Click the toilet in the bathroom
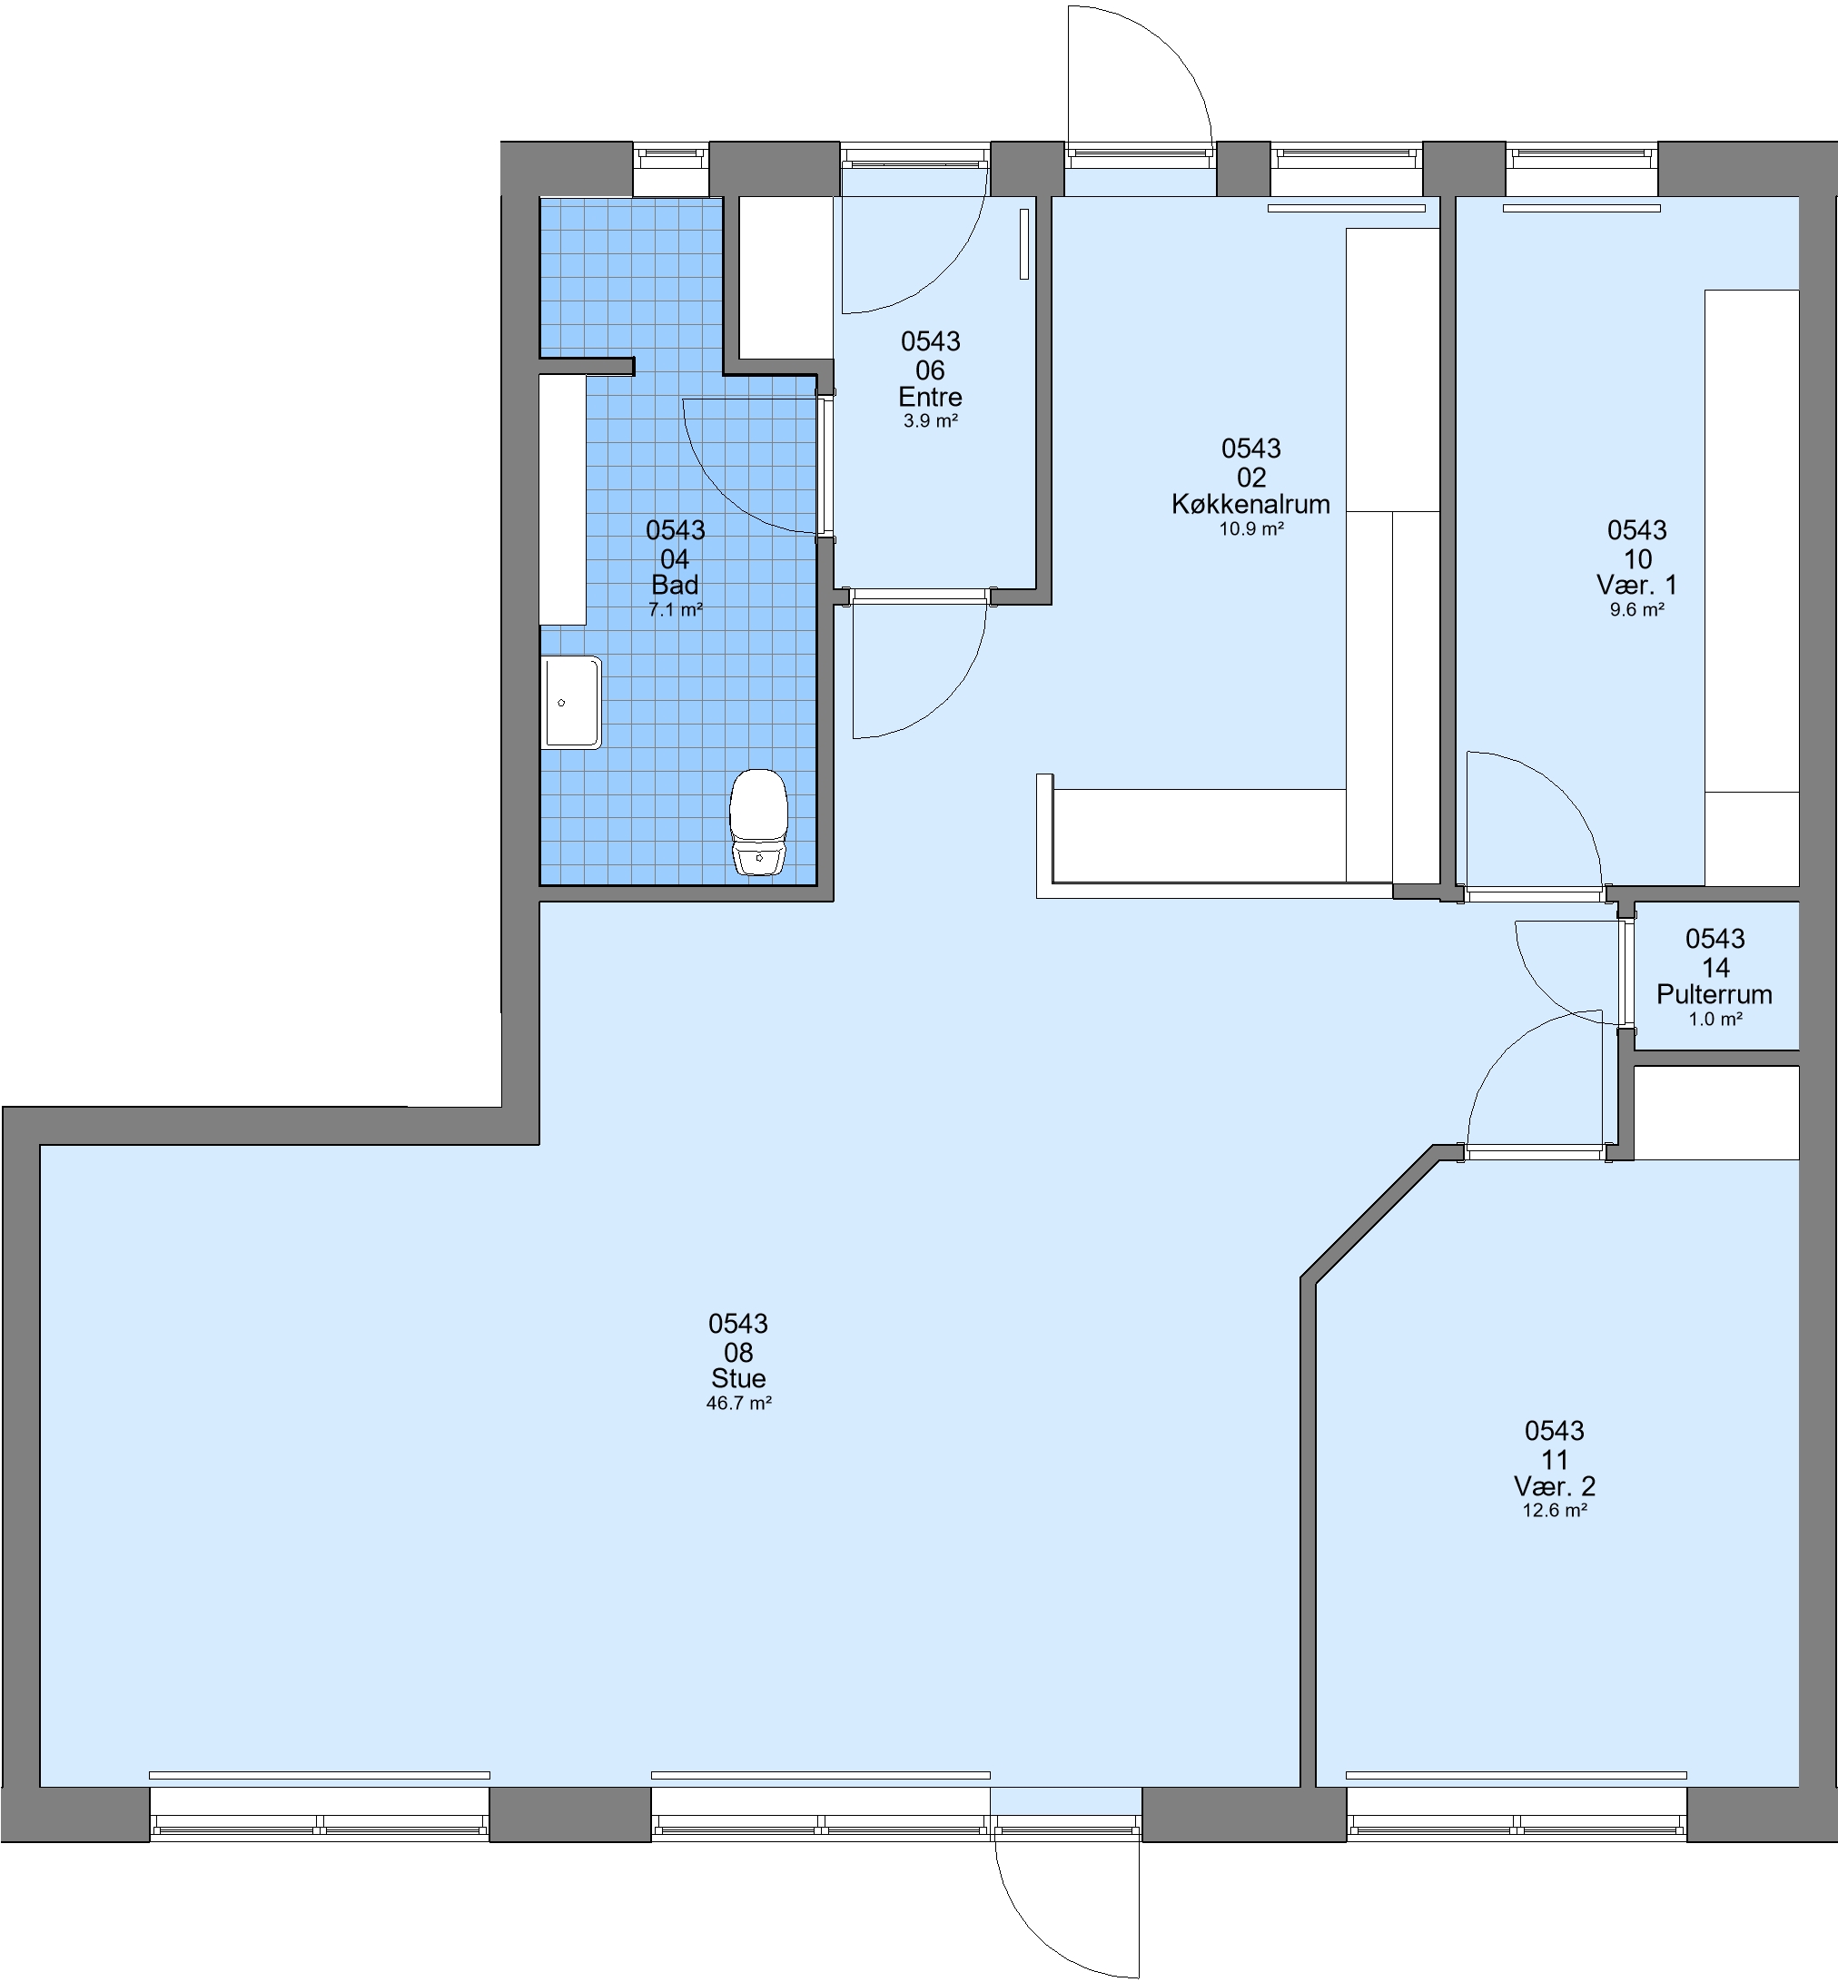tap(759, 823)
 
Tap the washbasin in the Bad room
tap(571, 702)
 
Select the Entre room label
tap(930, 398)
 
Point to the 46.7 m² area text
tap(739, 1404)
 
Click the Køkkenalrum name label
tap(1250, 504)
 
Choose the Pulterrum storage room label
tap(1714, 994)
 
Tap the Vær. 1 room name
tap(1637, 585)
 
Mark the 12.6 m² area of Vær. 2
tap(1555, 1511)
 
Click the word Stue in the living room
tap(738, 1378)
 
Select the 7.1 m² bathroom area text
tap(676, 609)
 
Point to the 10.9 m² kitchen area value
tap(1251, 529)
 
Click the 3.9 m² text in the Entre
tap(930, 421)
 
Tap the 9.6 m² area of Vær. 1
tap(1637, 609)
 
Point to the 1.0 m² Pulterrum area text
tap(1715, 1020)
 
